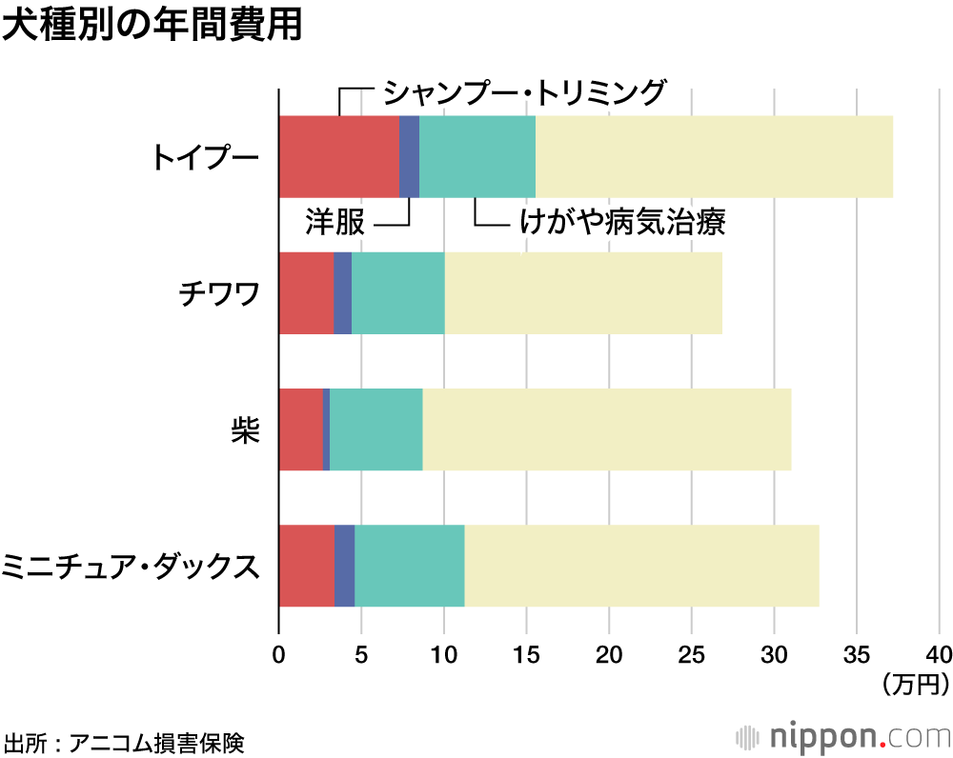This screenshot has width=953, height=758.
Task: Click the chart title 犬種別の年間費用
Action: point(152,26)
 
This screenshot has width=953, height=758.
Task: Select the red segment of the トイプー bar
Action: point(338,156)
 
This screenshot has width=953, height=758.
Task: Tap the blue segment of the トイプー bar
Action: point(409,156)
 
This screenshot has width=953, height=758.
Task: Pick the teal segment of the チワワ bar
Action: point(397,293)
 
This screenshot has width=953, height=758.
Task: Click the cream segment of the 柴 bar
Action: point(606,429)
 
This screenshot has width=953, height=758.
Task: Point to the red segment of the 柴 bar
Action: point(300,429)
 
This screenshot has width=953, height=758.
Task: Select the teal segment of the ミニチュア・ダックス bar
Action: point(409,566)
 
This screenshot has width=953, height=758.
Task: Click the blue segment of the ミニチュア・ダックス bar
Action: point(344,566)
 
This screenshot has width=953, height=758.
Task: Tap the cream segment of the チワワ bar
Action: point(583,293)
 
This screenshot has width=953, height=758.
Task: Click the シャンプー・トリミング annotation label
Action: point(523,92)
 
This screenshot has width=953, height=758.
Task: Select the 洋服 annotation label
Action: point(335,223)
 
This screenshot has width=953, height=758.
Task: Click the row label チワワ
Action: point(219,293)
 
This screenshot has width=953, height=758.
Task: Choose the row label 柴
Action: point(245,429)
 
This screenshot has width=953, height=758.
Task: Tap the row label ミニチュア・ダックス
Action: point(131,566)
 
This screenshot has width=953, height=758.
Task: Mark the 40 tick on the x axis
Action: point(939,655)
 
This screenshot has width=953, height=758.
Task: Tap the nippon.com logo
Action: point(844,737)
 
